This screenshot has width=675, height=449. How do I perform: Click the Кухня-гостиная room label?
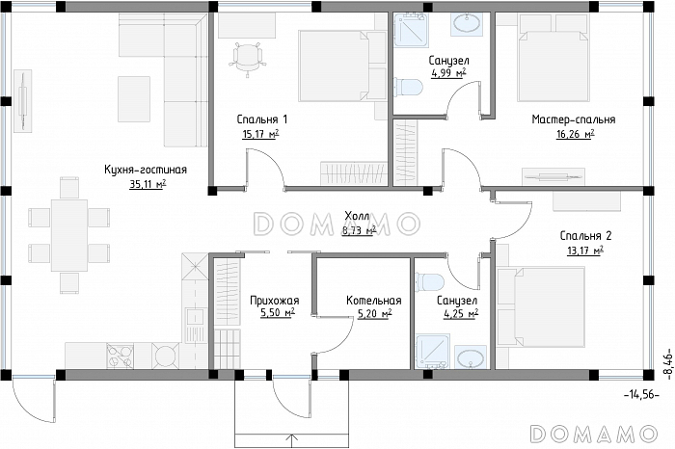tap(146, 170)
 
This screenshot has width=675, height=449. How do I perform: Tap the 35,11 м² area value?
tap(148, 184)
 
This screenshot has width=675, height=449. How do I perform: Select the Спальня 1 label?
tap(261, 119)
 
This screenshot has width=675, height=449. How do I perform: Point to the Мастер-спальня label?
tap(574, 119)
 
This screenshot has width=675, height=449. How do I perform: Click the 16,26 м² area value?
tap(576, 134)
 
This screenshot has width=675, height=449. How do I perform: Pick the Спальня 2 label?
tap(585, 236)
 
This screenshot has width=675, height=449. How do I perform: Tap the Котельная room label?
tap(374, 301)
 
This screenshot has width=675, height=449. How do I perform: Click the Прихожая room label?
tap(274, 301)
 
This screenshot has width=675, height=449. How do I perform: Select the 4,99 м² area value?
tap(448, 73)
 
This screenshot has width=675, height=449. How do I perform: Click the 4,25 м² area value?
tap(461, 314)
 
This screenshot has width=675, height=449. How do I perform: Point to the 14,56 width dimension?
tap(641, 394)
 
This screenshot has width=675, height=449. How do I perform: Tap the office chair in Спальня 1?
tap(247, 58)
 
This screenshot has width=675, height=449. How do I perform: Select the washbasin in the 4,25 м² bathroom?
tap(470, 357)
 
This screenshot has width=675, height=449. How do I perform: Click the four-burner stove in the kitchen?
tap(120, 356)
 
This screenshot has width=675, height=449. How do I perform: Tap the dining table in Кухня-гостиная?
tap(68, 235)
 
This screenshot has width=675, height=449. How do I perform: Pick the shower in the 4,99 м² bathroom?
tap(411, 29)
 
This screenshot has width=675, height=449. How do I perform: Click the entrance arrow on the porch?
tap(292, 441)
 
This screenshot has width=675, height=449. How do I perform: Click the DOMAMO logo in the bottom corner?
tap(594, 434)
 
